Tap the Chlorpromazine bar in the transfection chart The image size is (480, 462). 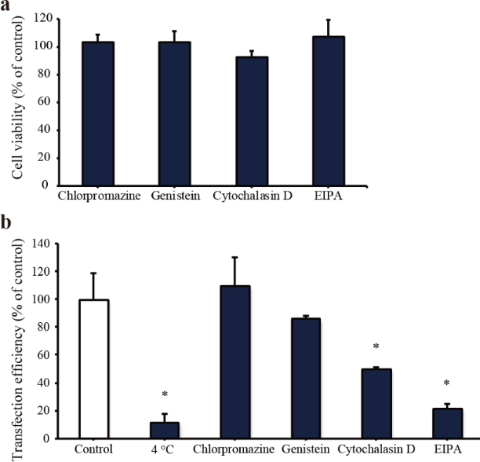point(235,362)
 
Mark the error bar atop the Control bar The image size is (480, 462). point(93,286)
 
